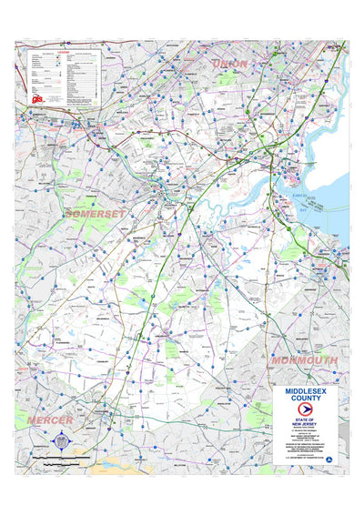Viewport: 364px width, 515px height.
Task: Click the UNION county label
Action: coord(229,63)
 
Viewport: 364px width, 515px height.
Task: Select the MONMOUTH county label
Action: coord(303,360)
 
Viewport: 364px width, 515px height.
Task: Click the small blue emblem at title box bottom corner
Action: coord(330,460)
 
